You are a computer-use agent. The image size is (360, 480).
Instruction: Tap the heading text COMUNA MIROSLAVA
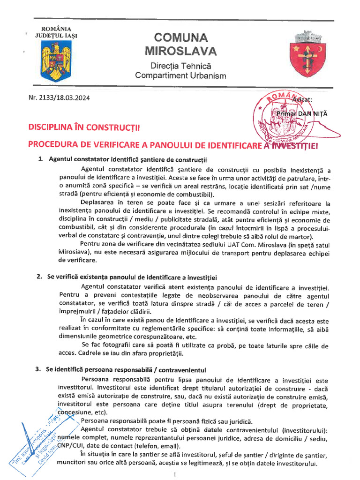(180, 44)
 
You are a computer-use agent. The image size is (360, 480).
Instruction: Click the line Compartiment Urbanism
(180, 75)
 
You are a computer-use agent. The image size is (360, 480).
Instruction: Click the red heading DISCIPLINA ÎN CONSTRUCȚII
(84, 127)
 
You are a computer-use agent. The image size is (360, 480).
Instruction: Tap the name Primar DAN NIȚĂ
(303, 114)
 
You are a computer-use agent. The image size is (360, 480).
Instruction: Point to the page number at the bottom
(174, 474)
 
